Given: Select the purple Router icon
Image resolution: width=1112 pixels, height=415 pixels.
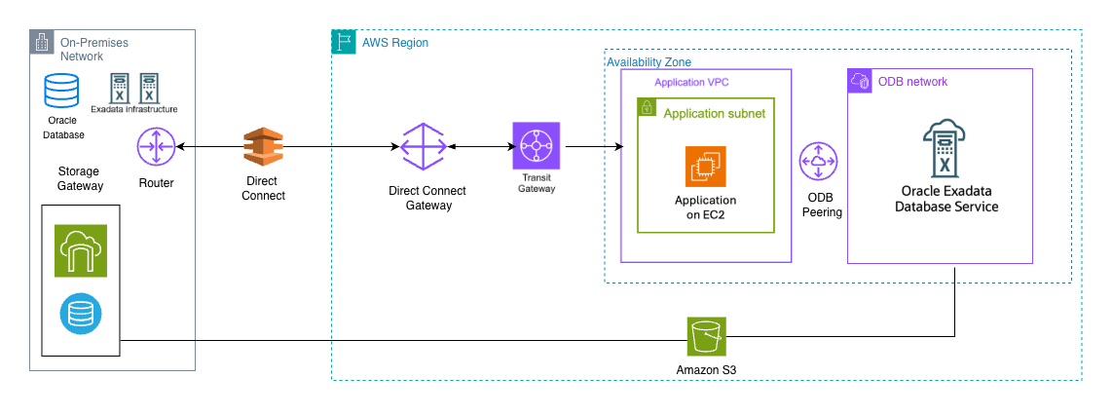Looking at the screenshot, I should pos(157,148).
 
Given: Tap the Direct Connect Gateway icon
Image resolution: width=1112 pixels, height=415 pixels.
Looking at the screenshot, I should pos(423,148).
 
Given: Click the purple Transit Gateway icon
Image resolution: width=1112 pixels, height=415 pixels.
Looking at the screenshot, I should pos(536,148).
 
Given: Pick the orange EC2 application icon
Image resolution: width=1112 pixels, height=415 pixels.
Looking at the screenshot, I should pos(706,167).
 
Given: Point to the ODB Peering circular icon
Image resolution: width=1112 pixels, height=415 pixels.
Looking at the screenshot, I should pos(819,162).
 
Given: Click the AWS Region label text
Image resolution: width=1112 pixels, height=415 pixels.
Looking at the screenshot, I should pos(395,43).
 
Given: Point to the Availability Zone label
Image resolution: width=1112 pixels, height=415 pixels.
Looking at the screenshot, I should pos(649,62).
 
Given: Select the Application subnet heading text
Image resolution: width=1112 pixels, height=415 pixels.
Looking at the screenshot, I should pos(714,113).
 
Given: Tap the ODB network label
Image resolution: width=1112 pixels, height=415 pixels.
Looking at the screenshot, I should pos(913,82).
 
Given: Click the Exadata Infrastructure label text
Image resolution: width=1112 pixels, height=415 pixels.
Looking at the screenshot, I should pos(134,109).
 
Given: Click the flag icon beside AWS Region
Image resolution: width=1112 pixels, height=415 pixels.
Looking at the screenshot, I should pos(344,42).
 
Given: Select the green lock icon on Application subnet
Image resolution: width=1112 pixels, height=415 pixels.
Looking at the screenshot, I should pos(648,108).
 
